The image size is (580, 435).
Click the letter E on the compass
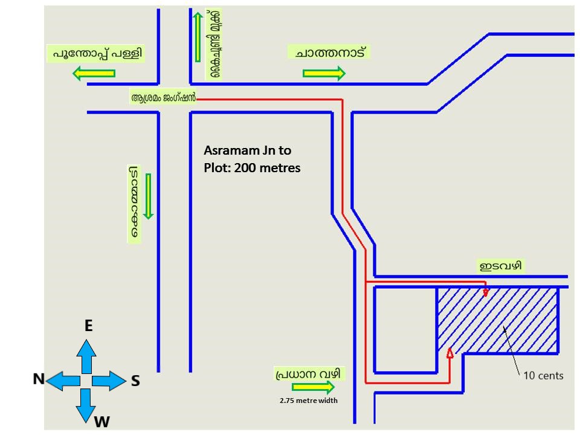tap(88, 326)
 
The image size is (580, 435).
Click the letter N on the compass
tap(39, 379)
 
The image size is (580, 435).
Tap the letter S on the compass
tap(135, 380)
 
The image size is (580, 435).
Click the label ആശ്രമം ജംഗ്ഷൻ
tap(164, 97)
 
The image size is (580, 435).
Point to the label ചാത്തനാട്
tap(329, 52)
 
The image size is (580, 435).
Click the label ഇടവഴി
tap(500, 266)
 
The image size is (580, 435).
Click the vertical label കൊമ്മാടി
tap(134, 204)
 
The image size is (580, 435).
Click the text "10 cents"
tap(543, 376)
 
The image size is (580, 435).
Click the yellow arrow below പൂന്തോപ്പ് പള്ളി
tap(94, 74)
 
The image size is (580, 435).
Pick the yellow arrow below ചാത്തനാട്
tap(324, 74)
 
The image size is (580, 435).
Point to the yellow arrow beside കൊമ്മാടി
tap(147, 196)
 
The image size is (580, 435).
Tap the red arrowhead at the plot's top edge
tap(485, 292)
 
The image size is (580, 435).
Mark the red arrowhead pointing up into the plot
tap(449, 353)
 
